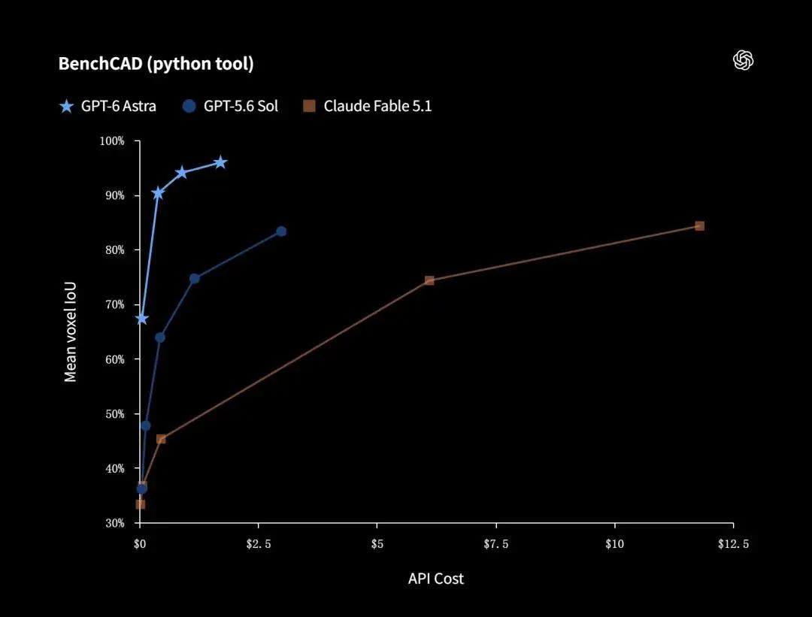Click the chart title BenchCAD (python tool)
[x=156, y=64]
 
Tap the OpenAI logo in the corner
[x=743, y=61]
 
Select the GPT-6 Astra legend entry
[x=108, y=106]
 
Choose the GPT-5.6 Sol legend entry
[x=231, y=106]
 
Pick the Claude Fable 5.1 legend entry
[x=367, y=106]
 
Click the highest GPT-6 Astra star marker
[x=220, y=162]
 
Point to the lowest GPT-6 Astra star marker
[x=142, y=319]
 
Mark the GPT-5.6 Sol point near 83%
[x=281, y=231]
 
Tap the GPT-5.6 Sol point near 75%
[x=194, y=279]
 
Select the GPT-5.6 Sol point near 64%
[x=160, y=337]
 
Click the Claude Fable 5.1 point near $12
[x=700, y=225]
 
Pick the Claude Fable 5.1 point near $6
[x=429, y=280]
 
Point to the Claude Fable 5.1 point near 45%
[x=161, y=439]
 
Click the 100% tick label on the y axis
[x=112, y=141]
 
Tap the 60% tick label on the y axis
[x=115, y=359]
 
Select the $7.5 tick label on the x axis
[x=496, y=544]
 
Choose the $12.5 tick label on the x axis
[x=733, y=544]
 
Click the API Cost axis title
[x=436, y=579]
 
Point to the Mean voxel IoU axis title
[x=70, y=331]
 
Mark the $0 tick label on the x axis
[x=140, y=544]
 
